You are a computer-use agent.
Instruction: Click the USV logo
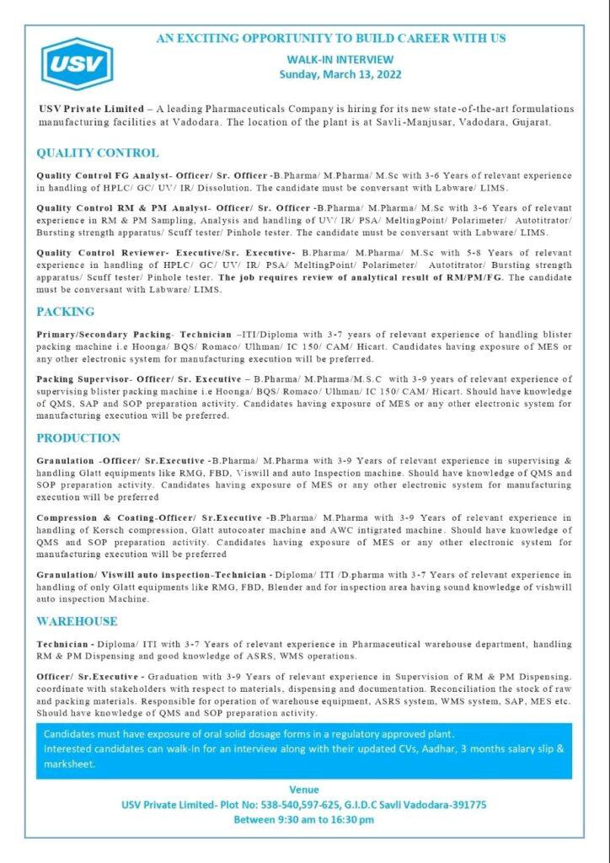[77, 64]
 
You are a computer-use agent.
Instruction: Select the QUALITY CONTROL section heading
[97, 153]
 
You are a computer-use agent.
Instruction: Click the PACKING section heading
[65, 312]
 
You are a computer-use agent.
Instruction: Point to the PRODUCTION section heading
[78, 438]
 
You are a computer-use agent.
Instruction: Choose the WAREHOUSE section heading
[77, 621]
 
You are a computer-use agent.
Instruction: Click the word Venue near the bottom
[304, 790]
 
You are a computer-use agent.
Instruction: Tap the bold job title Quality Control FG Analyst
[103, 175]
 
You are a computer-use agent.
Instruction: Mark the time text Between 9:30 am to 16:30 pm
[304, 818]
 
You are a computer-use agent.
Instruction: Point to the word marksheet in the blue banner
[69, 764]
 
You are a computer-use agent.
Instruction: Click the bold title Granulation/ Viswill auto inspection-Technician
[150, 574]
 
